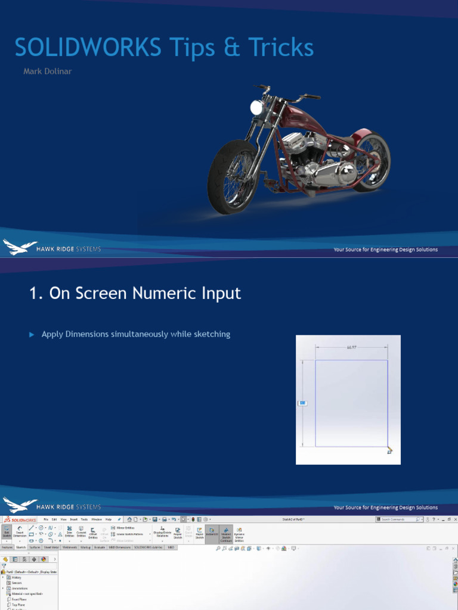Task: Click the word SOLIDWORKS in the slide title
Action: tap(88, 48)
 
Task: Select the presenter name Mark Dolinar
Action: tap(47, 72)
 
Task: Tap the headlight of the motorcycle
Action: tap(257, 108)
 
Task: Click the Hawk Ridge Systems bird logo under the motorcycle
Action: tap(20, 248)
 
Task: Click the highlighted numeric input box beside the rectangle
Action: tap(302, 403)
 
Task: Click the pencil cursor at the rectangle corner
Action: tap(389, 450)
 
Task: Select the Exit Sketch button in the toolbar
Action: tap(7, 533)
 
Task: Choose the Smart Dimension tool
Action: tap(20, 533)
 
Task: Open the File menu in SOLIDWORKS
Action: tap(45, 519)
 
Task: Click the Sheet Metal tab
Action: tap(51, 546)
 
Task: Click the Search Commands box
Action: tap(398, 519)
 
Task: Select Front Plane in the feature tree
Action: tap(19, 599)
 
